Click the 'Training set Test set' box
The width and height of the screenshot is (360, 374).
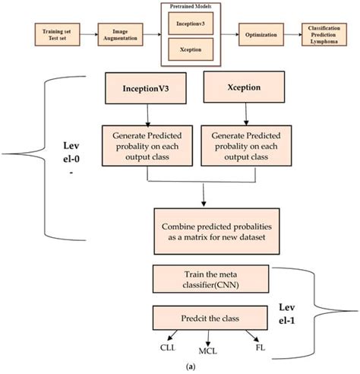[52, 34]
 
